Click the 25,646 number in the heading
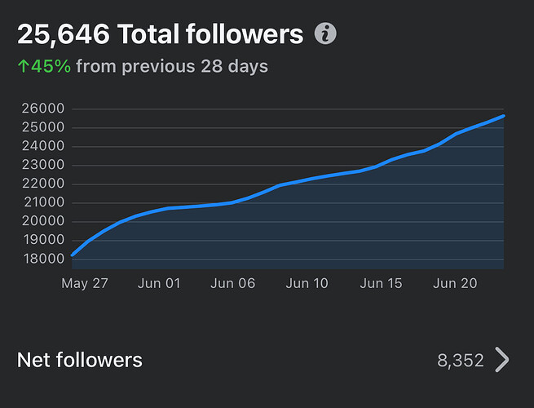[x=64, y=34]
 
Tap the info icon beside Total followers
[x=325, y=34]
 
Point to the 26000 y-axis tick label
[x=43, y=109]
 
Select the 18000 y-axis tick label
[x=43, y=259]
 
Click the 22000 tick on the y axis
[x=43, y=184]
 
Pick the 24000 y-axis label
[x=43, y=146]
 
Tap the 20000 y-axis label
[x=43, y=222]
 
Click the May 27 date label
[x=85, y=283]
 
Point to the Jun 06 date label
[x=233, y=283]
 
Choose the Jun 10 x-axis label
[x=308, y=283]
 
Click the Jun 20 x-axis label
[x=455, y=283]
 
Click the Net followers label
[x=80, y=360]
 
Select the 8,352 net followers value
[x=461, y=361]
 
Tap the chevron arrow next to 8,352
[x=502, y=360]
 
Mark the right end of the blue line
[x=503, y=116]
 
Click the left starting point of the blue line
[x=73, y=255]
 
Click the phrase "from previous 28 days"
[x=172, y=65]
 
